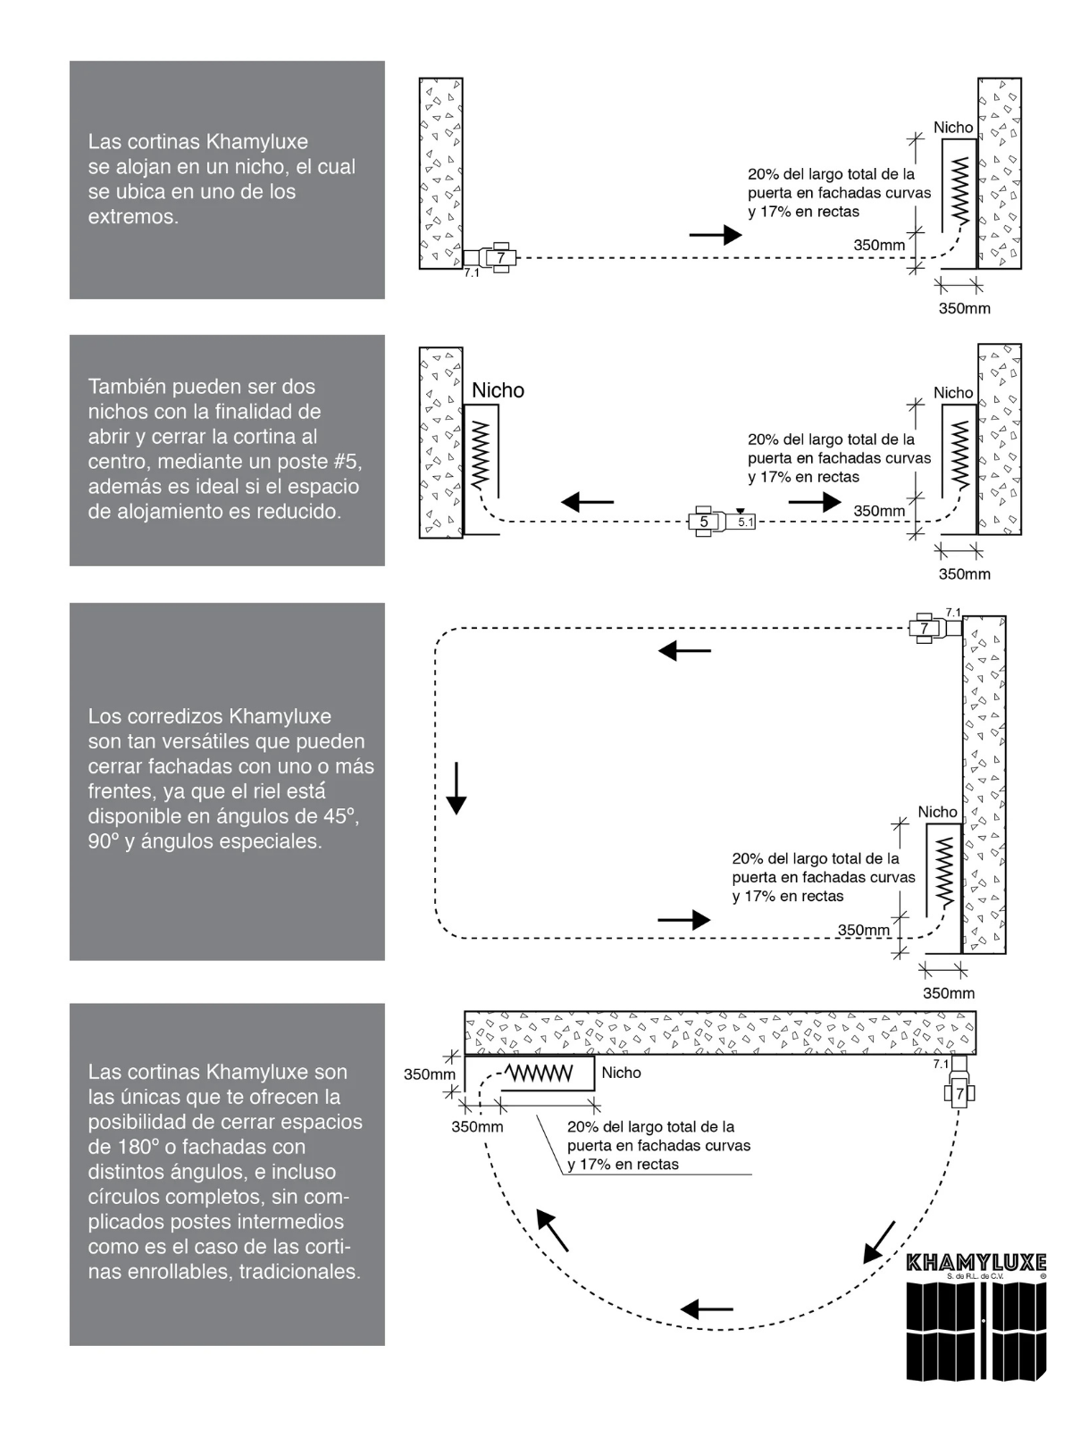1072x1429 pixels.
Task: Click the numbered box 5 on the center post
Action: pos(703,522)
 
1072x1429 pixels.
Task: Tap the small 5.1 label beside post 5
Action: pos(745,522)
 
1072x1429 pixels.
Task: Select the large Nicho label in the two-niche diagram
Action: pos(498,390)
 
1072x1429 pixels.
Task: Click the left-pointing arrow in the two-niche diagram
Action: pos(587,502)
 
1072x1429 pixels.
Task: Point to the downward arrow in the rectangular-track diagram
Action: pos(456,788)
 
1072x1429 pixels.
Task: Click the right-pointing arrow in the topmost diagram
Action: pos(716,235)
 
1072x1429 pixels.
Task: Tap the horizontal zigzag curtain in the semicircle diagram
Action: pos(539,1072)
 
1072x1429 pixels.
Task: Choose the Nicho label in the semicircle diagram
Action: pos(621,1073)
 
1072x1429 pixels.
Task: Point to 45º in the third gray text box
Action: pos(339,816)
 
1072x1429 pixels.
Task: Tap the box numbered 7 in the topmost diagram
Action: pos(500,258)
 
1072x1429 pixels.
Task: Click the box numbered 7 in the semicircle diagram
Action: pos(960,1093)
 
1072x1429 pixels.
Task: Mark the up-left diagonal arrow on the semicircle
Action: pos(552,1230)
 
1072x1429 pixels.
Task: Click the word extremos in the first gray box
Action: pos(132,216)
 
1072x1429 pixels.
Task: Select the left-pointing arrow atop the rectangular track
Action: pos(684,651)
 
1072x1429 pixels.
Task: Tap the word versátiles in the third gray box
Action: pos(176,741)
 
